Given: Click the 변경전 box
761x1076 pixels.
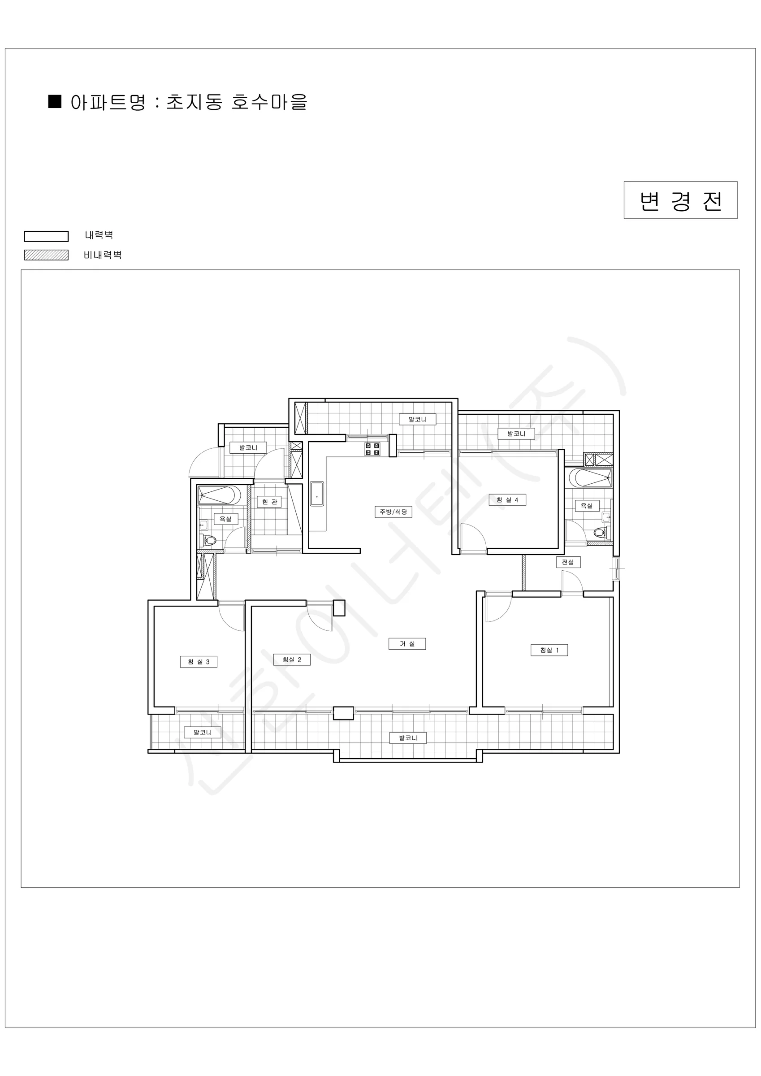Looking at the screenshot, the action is click(680, 200).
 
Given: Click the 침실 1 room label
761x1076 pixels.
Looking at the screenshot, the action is click(549, 650).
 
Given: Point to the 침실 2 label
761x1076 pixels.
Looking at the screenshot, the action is click(292, 659).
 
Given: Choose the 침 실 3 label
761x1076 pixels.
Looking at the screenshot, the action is click(199, 662).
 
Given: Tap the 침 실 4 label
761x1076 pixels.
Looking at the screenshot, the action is click(507, 500).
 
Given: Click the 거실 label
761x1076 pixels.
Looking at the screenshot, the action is click(407, 644).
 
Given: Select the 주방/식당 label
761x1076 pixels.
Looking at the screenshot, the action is click(393, 512).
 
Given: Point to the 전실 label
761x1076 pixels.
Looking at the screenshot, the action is click(568, 562).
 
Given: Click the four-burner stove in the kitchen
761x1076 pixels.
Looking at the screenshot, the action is click(372, 449).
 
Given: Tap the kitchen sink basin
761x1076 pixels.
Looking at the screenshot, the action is click(317, 494).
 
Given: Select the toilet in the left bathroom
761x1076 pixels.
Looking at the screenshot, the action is click(208, 541).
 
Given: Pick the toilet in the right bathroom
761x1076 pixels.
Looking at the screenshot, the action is click(601, 533).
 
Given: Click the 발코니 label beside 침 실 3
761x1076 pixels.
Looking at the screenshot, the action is click(203, 732).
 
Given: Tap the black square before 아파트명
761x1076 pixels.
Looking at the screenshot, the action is click(55, 102).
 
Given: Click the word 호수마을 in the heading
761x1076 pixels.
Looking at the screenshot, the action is click(269, 102).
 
